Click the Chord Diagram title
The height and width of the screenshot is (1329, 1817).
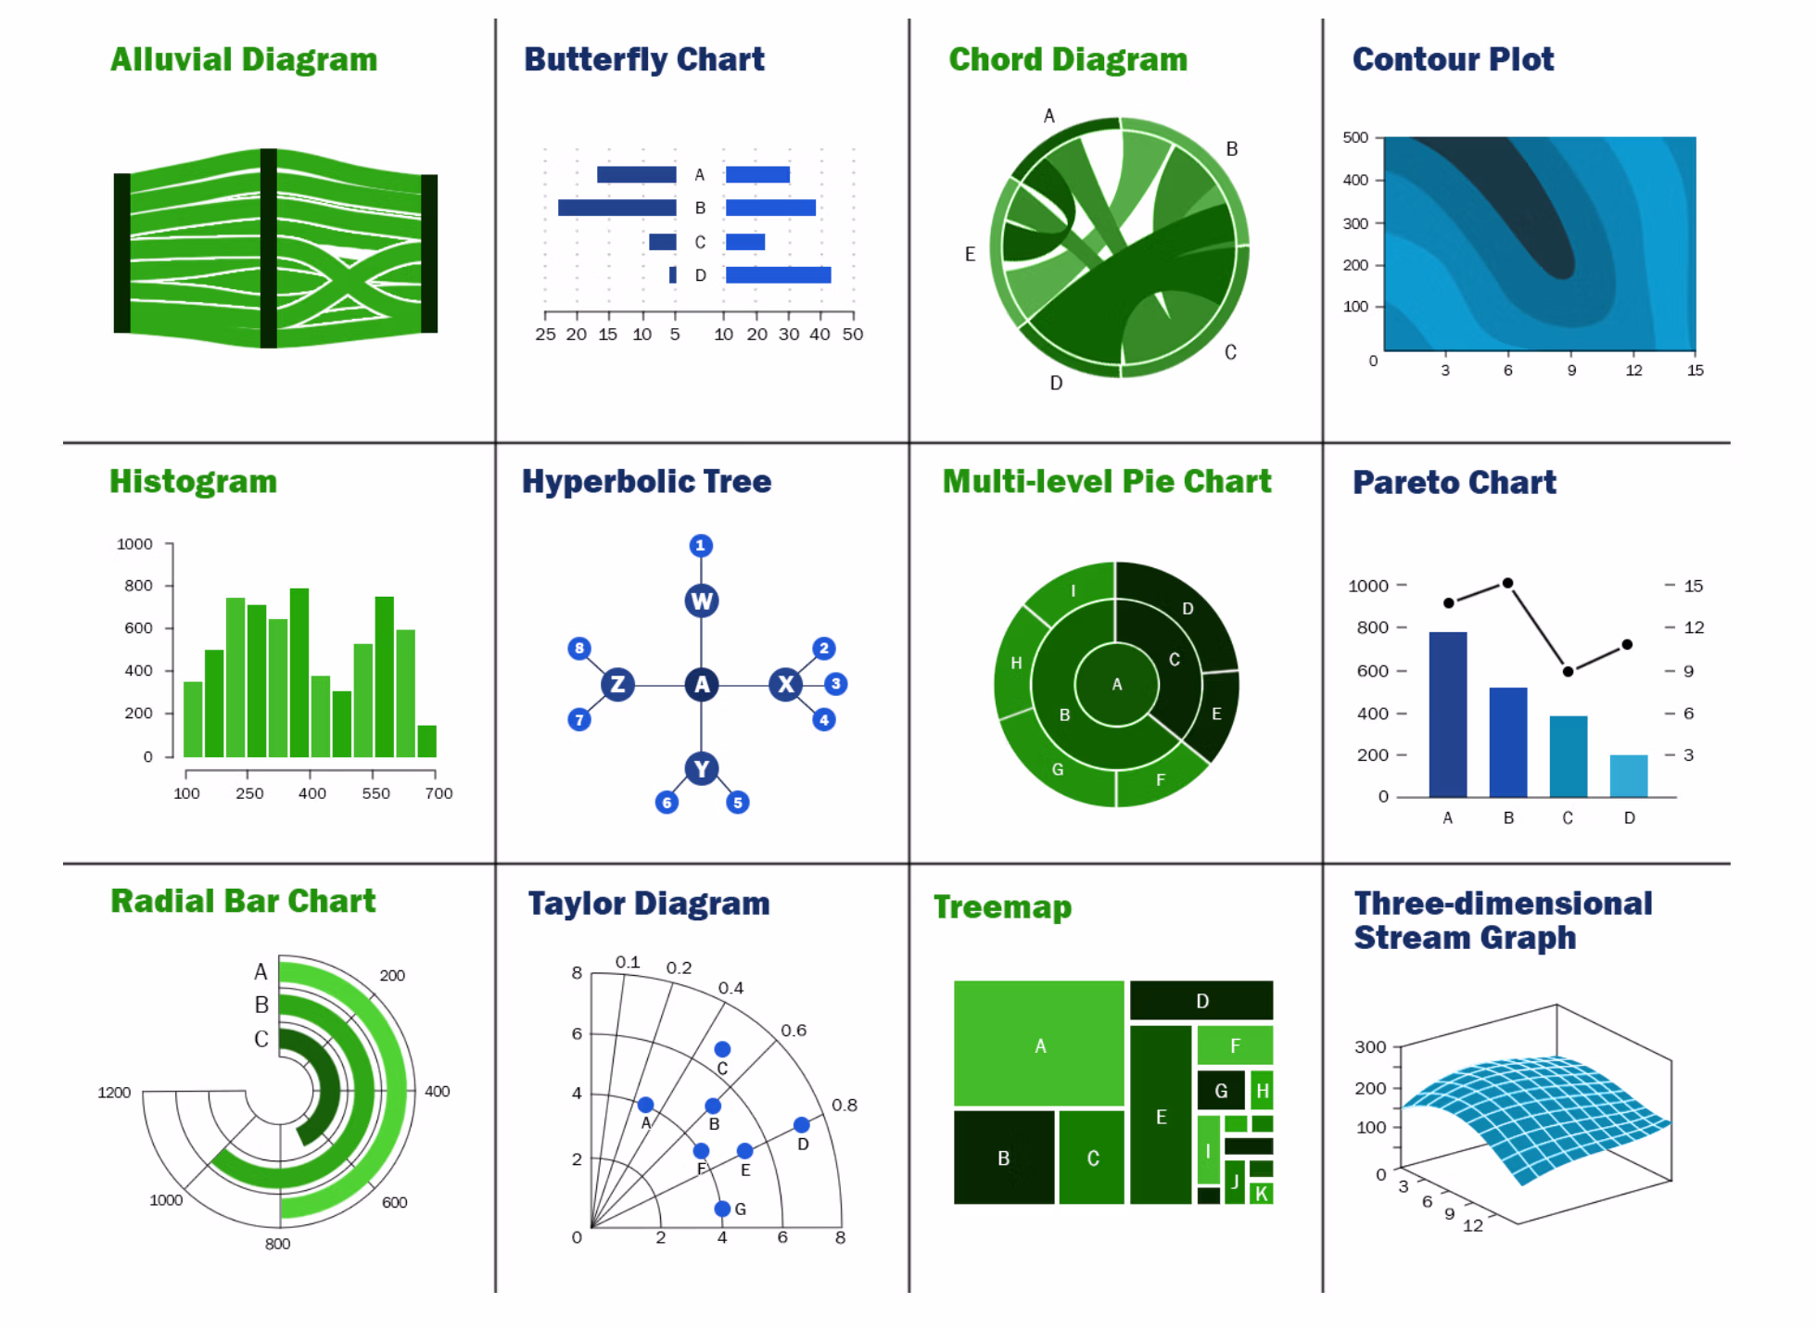tap(1067, 59)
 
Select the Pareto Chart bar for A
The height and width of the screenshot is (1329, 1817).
tap(1447, 714)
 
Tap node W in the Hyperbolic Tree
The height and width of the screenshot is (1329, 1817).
tap(702, 601)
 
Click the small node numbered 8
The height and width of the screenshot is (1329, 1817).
tap(579, 648)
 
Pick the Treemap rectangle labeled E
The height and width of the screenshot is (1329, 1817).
tap(1161, 1116)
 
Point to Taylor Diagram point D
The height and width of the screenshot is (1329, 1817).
tap(801, 1124)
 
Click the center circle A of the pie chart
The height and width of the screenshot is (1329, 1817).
tap(1116, 684)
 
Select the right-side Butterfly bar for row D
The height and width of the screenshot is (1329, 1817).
tap(778, 274)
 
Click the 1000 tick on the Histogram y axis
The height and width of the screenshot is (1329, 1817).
tap(134, 544)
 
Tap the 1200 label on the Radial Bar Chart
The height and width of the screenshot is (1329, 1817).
tap(114, 1093)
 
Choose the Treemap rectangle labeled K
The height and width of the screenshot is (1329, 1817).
tap(1261, 1194)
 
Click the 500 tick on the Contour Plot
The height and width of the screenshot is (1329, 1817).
tap(1355, 137)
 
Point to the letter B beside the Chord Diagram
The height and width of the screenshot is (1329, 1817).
tap(1231, 148)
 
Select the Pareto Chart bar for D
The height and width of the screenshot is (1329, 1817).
tap(1628, 776)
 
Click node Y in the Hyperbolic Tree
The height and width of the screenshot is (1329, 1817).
tap(702, 768)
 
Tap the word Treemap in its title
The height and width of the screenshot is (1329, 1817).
tap(1002, 906)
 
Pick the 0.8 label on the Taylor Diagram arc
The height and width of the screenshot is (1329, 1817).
tap(844, 1105)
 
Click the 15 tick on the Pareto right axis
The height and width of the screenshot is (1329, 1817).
tap(1693, 586)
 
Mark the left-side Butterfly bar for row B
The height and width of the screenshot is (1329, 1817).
tap(616, 208)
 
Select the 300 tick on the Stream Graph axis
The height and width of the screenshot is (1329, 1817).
tap(1370, 1046)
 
